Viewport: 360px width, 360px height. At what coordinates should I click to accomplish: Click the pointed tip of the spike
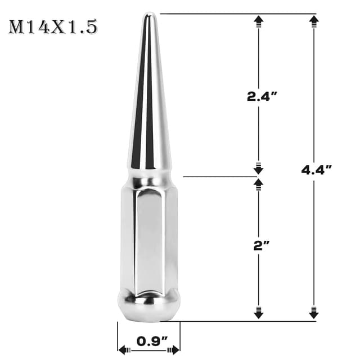[148, 15]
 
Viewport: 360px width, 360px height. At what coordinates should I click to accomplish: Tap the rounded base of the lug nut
[148, 307]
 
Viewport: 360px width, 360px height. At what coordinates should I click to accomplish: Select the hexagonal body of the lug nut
[148, 236]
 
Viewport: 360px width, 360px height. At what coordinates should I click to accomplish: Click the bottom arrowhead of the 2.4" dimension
[259, 167]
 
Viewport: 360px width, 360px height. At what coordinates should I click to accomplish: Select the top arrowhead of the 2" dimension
[259, 184]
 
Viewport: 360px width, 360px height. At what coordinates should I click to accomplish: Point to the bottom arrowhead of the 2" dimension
[259, 313]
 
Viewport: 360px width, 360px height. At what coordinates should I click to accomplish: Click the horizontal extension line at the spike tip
[236, 13]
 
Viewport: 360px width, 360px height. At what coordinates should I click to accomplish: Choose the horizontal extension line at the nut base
[247, 322]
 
